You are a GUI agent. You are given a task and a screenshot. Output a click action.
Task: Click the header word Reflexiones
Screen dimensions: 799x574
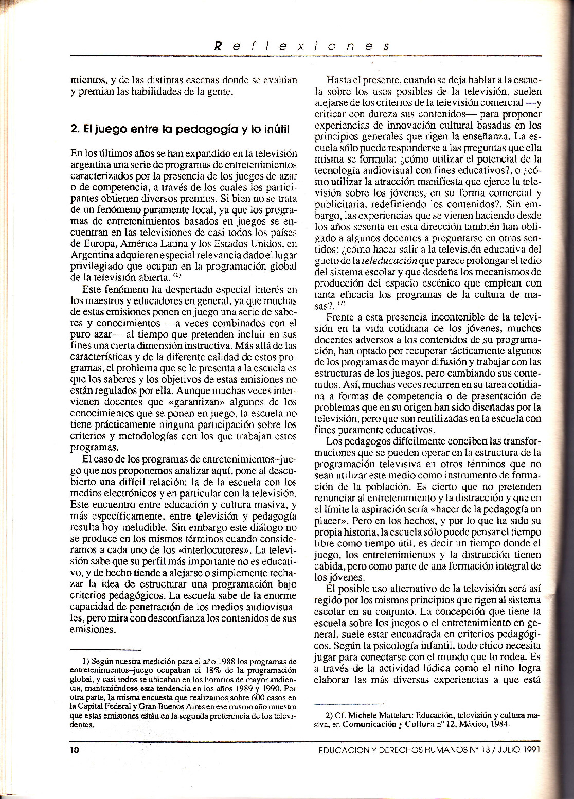point(301,45)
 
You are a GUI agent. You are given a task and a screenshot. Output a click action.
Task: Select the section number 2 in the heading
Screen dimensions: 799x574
point(74,129)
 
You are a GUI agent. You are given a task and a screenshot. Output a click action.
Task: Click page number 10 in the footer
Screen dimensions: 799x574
point(75,750)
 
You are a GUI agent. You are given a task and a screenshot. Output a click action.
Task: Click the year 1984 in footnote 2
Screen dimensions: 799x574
point(497,724)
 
